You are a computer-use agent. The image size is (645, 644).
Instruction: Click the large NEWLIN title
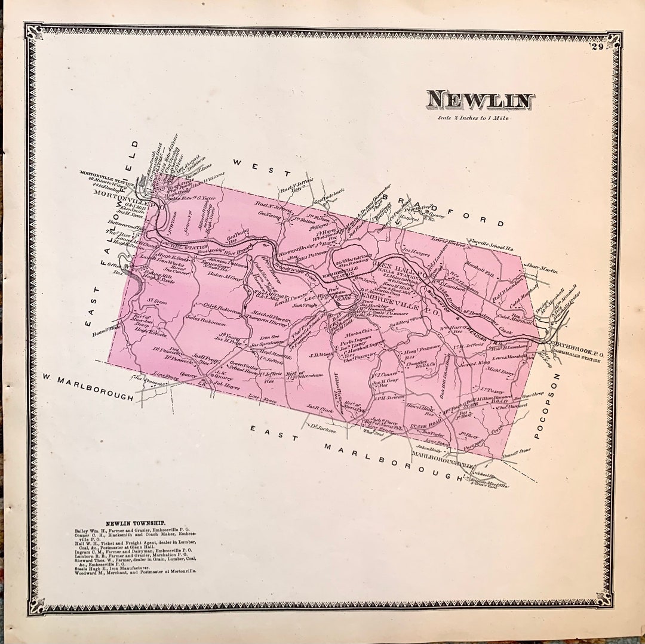point(480,100)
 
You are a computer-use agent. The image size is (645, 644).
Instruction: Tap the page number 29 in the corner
point(597,47)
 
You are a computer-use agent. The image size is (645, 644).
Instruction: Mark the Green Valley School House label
point(244,368)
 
